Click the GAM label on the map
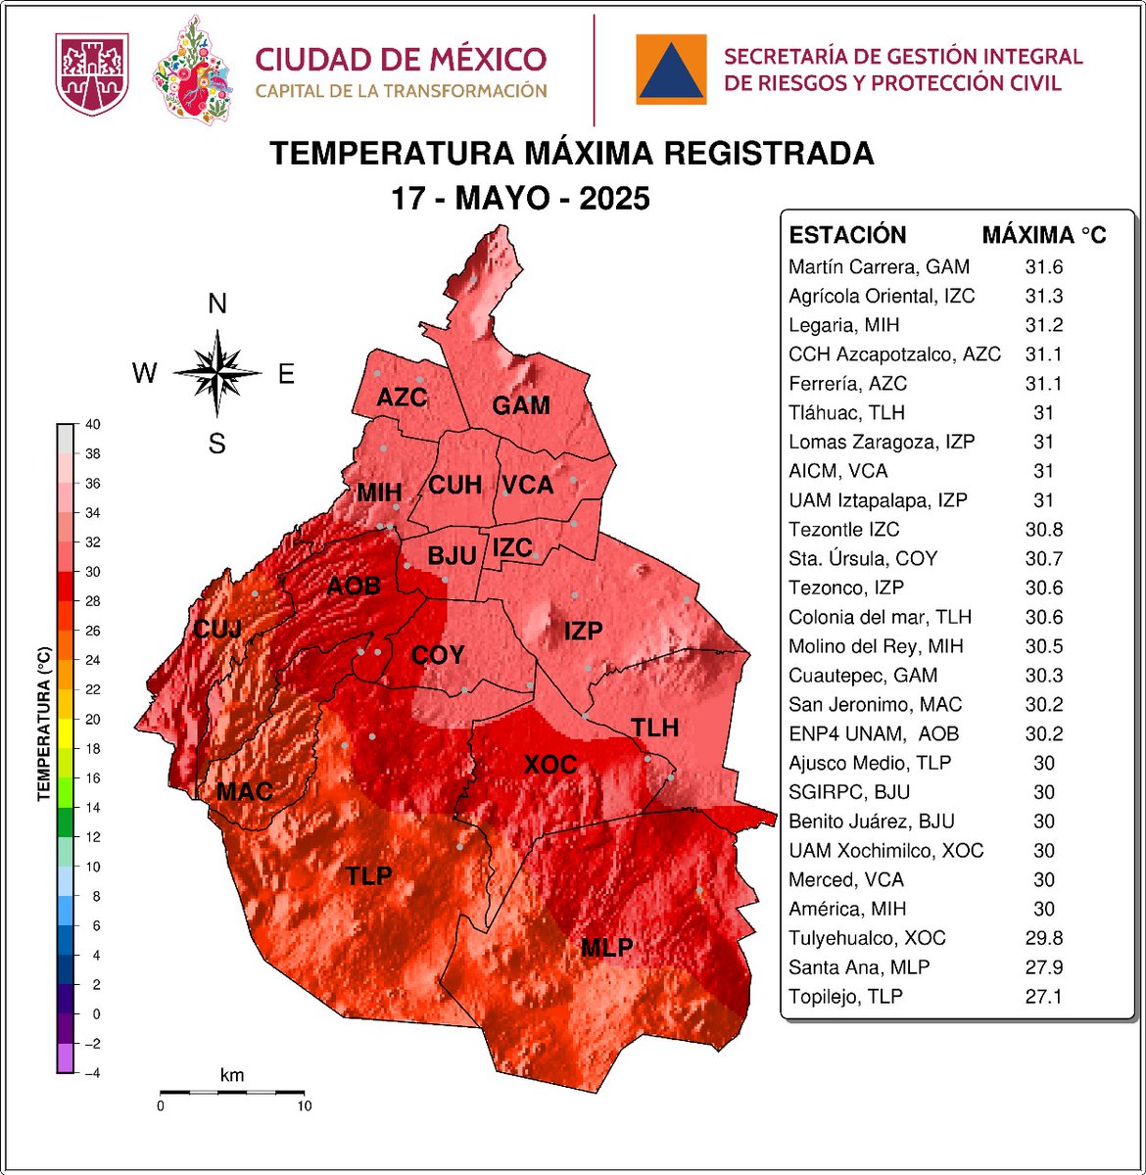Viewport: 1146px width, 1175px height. pos(520,405)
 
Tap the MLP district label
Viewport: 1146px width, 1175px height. pos(606,948)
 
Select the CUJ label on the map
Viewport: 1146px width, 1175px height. pos(217,629)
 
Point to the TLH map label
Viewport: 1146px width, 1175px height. pos(654,728)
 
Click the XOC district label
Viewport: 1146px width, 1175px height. pos(549,764)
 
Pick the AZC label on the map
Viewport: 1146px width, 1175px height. pos(402,398)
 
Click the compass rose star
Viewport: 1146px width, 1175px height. pos(217,373)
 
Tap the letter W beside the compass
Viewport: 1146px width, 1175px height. pos(145,374)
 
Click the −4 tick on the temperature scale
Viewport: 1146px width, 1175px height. pos(91,1073)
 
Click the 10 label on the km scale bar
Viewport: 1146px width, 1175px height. pos(304,1106)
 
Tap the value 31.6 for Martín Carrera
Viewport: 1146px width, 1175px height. pos(1043,267)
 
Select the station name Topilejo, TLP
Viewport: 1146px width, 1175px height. pos(845,997)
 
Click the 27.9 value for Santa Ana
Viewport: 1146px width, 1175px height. pos(1043,967)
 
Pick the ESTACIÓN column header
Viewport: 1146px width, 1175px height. pos(847,235)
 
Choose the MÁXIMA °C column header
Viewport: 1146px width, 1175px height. pos(1043,235)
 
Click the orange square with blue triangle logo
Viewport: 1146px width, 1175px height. pos(671,69)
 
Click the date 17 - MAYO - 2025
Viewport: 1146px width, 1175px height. pos(520,199)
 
